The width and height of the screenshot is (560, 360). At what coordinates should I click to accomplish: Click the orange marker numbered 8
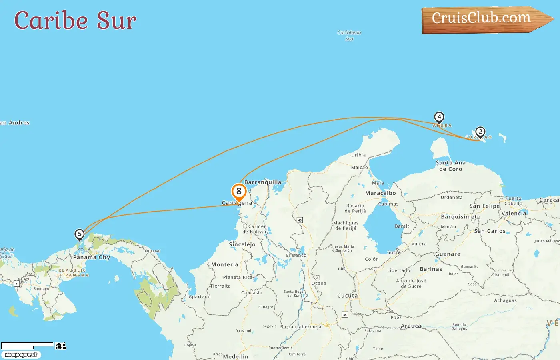click(239, 192)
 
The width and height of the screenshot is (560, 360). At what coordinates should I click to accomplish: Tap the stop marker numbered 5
click(80, 234)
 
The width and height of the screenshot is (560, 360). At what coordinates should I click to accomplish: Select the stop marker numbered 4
click(439, 117)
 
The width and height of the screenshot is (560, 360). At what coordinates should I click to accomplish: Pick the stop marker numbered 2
click(480, 132)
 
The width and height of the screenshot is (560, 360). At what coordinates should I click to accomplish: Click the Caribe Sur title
click(75, 20)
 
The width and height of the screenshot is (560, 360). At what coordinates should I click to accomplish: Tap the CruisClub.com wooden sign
click(484, 19)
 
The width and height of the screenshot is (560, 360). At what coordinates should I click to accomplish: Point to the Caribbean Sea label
click(349, 36)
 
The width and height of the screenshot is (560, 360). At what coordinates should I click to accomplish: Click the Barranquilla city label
click(263, 182)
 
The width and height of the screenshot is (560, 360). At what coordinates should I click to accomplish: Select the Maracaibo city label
click(380, 193)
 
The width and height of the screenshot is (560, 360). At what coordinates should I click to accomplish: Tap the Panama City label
click(91, 257)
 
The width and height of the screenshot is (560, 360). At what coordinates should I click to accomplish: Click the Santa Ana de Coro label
click(450, 166)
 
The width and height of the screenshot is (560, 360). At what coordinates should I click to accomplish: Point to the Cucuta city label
click(347, 296)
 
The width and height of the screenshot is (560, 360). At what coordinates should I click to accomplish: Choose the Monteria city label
click(224, 264)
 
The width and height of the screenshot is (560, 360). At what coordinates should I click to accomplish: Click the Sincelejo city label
click(242, 244)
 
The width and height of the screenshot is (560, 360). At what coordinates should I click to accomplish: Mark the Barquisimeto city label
click(460, 217)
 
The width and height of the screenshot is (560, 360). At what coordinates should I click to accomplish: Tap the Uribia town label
click(358, 155)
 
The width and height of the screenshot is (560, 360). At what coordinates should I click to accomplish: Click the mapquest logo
click(21, 354)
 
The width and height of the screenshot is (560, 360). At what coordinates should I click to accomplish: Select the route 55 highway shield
click(345, 315)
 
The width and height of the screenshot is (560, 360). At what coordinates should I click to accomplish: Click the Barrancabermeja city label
click(301, 327)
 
